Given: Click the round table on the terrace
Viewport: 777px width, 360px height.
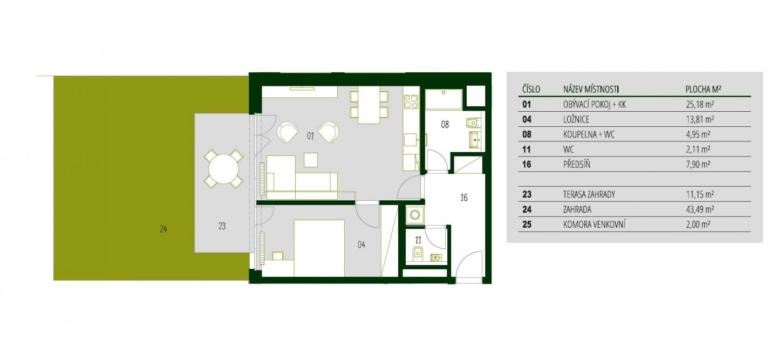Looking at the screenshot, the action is click(x=224, y=169).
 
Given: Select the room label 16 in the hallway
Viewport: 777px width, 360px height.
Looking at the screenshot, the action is click(x=464, y=198).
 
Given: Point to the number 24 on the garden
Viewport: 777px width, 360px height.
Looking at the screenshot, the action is click(x=163, y=229).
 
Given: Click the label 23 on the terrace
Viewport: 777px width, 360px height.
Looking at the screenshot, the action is click(x=222, y=226).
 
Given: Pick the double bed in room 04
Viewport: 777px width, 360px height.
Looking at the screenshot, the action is click(x=319, y=248).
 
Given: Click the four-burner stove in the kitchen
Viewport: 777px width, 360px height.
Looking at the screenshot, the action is click(x=411, y=102).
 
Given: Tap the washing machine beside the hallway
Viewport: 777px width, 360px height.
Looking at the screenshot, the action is click(x=414, y=215).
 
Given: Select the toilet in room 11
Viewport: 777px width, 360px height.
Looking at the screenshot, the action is click(x=417, y=253).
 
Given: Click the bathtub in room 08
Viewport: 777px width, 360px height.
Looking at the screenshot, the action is click(x=444, y=99).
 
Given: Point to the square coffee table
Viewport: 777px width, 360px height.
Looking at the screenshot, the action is click(x=311, y=160).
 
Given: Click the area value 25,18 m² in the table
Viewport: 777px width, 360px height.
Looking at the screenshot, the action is click(x=700, y=104).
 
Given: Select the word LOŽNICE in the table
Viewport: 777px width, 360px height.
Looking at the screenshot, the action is click(x=576, y=120).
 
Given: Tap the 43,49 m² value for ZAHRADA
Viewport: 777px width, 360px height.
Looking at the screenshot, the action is click(x=700, y=209).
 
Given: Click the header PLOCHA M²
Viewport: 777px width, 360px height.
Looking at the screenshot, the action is click(x=703, y=90).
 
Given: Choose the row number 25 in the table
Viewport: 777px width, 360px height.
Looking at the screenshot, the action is click(x=527, y=225).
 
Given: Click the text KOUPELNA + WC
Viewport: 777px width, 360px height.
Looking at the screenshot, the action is click(x=589, y=134).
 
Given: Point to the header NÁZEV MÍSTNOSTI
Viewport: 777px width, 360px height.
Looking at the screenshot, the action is click(x=591, y=90).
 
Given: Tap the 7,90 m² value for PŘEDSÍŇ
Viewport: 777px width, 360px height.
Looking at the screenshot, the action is click(x=698, y=165).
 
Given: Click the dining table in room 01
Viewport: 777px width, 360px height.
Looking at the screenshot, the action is click(x=369, y=105).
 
